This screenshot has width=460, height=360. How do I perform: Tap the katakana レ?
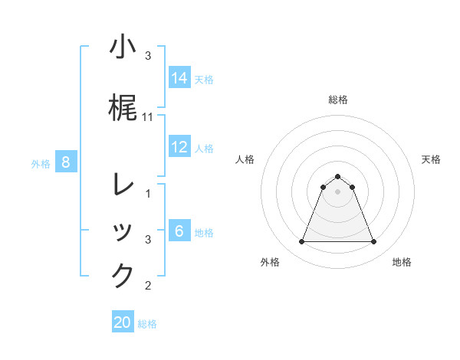[123, 185]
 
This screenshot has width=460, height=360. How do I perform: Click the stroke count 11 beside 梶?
[148, 117]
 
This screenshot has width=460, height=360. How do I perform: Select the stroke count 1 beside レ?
[148, 195]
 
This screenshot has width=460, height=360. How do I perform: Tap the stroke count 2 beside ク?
[148, 286]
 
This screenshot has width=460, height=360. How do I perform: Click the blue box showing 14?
[179, 78]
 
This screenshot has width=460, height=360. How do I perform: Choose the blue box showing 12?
[179, 147]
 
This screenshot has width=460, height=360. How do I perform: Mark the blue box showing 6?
[179, 231]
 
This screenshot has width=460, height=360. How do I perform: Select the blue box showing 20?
[123, 322]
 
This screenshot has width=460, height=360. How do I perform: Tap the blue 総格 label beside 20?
[147, 324]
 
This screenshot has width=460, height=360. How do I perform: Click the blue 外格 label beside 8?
[41, 163]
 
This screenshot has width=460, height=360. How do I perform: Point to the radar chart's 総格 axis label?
[337, 100]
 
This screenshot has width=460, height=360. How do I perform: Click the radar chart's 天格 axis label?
[431, 159]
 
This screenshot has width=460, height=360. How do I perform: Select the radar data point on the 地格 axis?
[373, 242]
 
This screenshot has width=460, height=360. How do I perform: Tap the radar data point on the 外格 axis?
[301, 242]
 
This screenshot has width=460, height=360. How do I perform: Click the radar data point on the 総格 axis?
[337, 176]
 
